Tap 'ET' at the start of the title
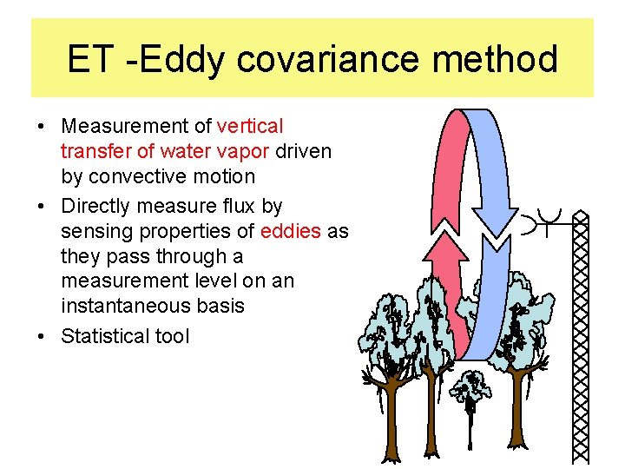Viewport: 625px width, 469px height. (x=89, y=59)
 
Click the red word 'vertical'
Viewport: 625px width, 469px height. (x=250, y=127)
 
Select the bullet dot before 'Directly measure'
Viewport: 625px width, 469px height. (x=42, y=207)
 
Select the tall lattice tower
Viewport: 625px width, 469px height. (x=581, y=339)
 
